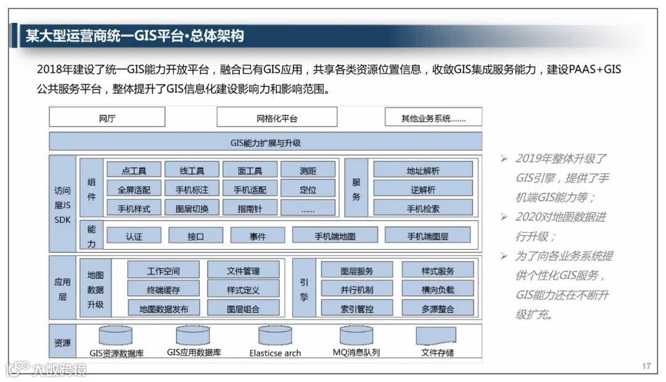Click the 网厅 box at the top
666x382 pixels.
(107, 117)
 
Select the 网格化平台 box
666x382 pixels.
(277, 117)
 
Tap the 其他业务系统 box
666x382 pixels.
(433, 117)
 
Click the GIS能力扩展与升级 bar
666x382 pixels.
(265, 142)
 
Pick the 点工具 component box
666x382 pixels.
(134, 170)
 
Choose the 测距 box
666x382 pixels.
(308, 170)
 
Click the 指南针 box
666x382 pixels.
(250, 209)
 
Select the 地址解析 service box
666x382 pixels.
(423, 170)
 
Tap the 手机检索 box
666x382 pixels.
(423, 209)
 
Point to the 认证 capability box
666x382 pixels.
(134, 236)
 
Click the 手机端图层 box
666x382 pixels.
(427, 236)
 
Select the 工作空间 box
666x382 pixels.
(163, 270)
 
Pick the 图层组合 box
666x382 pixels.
(243, 309)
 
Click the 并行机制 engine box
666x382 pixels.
(356, 289)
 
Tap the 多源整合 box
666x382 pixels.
(438, 309)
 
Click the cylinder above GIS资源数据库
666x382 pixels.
(115, 336)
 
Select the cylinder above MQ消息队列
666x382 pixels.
(356, 336)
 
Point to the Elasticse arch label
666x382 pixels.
(275, 354)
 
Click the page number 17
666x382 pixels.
(646, 367)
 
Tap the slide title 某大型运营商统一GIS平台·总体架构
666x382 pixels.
(134, 36)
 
